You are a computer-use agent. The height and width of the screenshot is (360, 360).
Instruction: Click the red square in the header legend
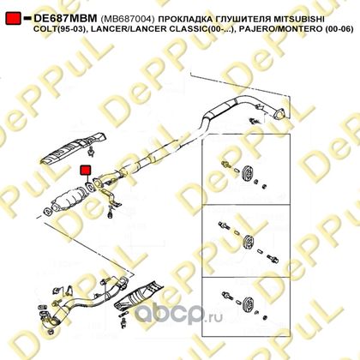point(13,19)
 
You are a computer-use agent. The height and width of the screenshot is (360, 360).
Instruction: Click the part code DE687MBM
point(65,19)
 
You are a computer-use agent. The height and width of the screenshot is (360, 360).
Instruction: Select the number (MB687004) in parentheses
point(128,19)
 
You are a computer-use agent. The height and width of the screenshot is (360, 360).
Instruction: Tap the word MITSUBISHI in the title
point(299,19)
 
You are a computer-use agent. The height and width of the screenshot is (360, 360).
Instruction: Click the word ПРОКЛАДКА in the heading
point(186,19)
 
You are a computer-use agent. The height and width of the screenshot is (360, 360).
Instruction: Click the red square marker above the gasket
point(85,170)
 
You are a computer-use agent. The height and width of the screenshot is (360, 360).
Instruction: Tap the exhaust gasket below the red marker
point(89,187)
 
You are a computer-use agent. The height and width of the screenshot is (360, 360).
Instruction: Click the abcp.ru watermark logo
point(177,315)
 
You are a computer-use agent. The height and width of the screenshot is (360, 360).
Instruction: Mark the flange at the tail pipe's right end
point(279,114)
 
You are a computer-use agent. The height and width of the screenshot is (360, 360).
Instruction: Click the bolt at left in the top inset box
point(225,165)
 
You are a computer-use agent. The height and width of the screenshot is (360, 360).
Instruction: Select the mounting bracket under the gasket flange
point(111,198)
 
